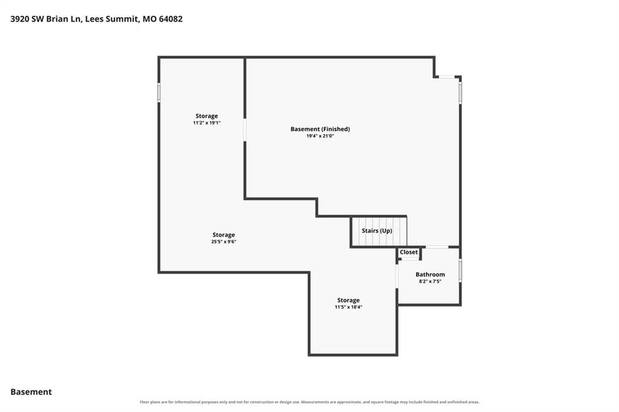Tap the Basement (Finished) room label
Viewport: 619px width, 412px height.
coord(320,129)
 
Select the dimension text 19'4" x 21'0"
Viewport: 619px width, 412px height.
coord(320,136)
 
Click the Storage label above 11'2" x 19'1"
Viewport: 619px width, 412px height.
coord(207,116)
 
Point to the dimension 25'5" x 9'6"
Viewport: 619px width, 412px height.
coord(224,242)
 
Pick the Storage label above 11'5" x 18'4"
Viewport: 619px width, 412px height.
coord(348,300)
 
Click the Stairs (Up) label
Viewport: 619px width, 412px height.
coord(377,231)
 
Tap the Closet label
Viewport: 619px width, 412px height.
coord(409,252)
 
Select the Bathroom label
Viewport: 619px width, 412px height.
coord(430,275)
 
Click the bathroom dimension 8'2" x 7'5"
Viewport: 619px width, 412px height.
coord(430,281)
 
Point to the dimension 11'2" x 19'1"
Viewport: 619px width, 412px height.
coord(207,123)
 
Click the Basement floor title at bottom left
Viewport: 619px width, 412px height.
coord(31,392)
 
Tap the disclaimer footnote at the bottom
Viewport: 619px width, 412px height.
coord(309,402)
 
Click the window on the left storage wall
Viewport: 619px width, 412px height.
coord(159,93)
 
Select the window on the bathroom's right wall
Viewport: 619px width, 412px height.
coord(460,270)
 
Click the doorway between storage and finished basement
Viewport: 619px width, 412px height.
coord(245,130)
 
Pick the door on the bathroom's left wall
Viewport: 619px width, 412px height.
coord(397,276)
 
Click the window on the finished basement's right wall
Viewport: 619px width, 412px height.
coord(460,93)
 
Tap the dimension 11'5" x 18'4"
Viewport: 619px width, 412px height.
coord(348,307)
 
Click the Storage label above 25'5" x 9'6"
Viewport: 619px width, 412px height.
coord(224,235)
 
